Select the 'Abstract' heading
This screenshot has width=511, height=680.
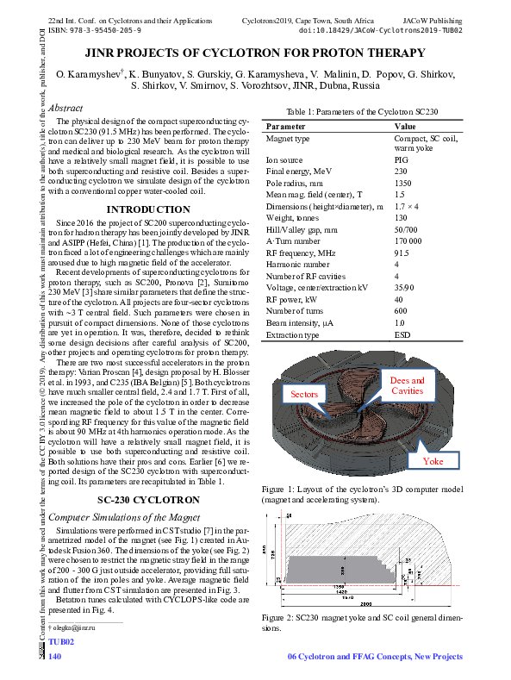pos(66,109)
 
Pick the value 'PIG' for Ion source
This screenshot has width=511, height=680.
pos(401,160)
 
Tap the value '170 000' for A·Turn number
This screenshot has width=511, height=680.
pos(408,241)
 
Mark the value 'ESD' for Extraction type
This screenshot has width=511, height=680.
pos(402,334)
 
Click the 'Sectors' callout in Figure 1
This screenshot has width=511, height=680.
pos(304,393)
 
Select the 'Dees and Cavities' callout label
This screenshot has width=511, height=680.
pos(407,385)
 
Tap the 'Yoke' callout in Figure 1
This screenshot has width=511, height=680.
pos(434,461)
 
